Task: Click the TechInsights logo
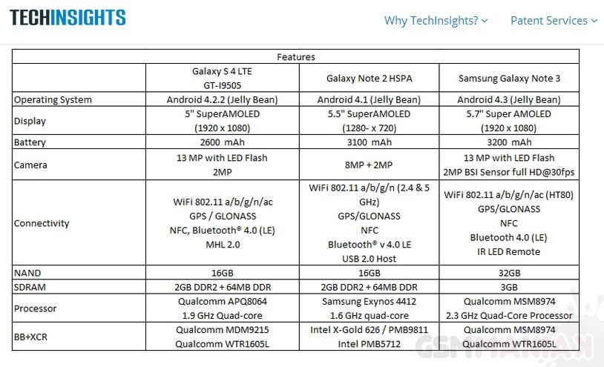pyautogui.click(x=68, y=18)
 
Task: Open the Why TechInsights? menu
pyautogui.click(x=436, y=21)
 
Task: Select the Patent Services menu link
pyautogui.click(x=554, y=21)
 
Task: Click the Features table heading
pyautogui.click(x=295, y=57)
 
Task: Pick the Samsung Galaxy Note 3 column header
pyautogui.click(x=508, y=79)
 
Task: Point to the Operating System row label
pyautogui.click(x=53, y=100)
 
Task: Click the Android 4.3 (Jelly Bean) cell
pyautogui.click(x=508, y=100)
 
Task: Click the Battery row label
pyautogui.click(x=30, y=142)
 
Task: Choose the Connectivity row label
pyautogui.click(x=42, y=223)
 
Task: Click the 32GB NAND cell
pyautogui.click(x=508, y=273)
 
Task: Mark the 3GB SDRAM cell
pyautogui.click(x=508, y=287)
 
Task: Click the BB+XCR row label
pyautogui.click(x=33, y=336)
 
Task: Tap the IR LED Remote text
pyautogui.click(x=508, y=251)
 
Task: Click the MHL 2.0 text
pyautogui.click(x=223, y=245)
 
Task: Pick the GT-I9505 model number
pyautogui.click(x=223, y=86)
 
